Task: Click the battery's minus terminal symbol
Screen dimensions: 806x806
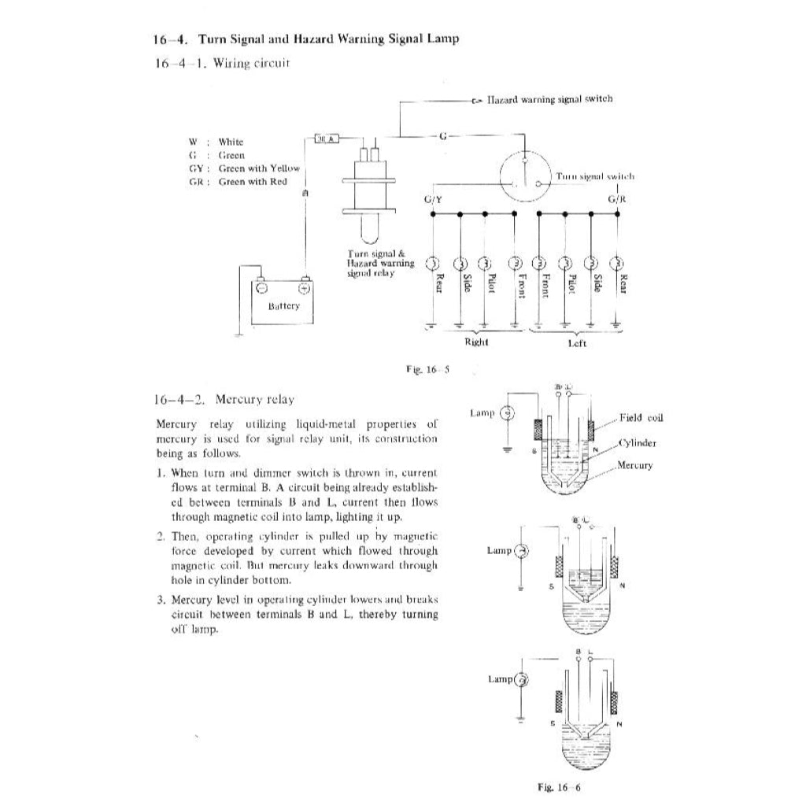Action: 261,287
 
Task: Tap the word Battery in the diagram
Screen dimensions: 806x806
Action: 283,305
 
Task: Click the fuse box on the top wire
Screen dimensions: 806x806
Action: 326,139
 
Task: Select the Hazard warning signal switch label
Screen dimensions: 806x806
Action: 549,99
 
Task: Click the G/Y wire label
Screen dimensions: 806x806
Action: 433,199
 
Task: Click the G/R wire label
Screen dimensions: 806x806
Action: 618,199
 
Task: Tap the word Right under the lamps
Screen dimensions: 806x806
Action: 476,342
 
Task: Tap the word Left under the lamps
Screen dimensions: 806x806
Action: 577,343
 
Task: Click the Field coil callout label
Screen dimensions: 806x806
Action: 641,418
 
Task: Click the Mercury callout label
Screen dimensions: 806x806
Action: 635,465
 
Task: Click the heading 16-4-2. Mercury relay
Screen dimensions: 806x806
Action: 225,399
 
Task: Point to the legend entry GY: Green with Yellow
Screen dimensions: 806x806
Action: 245,168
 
